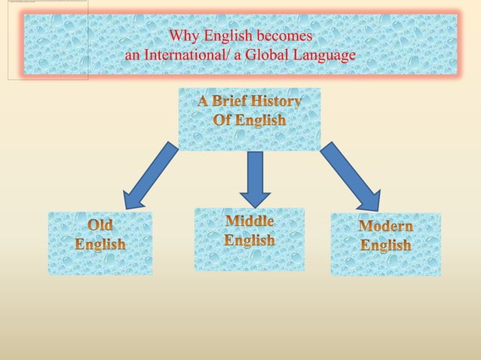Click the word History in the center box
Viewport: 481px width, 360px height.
click(x=279, y=102)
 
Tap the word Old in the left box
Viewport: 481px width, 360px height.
click(x=100, y=226)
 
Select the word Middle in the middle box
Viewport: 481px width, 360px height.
click(x=250, y=221)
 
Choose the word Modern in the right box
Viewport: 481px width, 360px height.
click(x=385, y=227)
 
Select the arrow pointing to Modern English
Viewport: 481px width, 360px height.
click(x=351, y=178)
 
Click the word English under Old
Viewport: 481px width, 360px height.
click(x=100, y=245)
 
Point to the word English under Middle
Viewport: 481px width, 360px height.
click(x=250, y=240)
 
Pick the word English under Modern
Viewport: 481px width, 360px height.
click(x=385, y=246)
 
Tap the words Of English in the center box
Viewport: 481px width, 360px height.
click(x=250, y=121)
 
